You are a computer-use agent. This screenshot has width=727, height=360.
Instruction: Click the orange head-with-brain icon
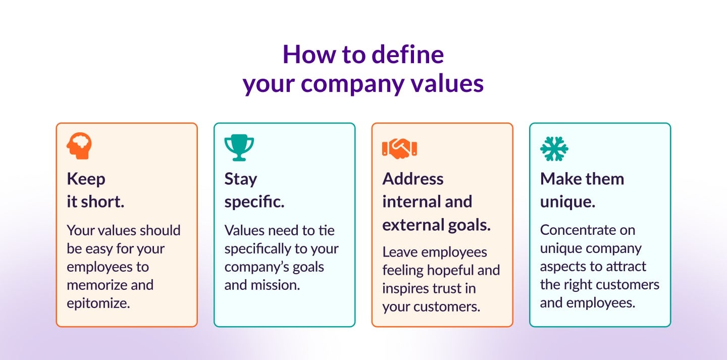pos(79,146)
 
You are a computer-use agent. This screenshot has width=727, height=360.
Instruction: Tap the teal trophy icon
pos(239,148)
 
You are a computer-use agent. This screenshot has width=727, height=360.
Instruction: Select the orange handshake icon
pos(399,148)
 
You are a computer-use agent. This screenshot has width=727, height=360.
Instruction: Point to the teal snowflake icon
pos(554,149)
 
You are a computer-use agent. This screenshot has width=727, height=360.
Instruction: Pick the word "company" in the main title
pos(352,84)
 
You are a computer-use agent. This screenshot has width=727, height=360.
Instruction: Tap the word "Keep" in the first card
pos(86,180)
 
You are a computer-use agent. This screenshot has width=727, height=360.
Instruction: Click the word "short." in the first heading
pos(102,202)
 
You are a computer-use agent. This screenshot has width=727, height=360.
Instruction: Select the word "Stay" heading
pos(241,180)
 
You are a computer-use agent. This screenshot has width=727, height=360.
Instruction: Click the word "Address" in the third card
pos(413,179)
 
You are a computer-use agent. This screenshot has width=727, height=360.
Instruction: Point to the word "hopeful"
pos(448,271)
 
